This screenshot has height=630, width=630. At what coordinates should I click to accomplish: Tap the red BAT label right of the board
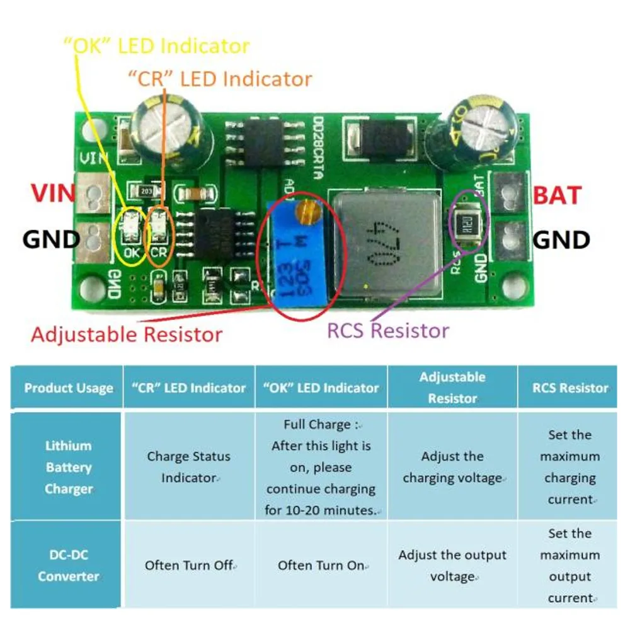click(x=557, y=195)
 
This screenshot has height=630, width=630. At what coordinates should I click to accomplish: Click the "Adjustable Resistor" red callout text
click(x=126, y=334)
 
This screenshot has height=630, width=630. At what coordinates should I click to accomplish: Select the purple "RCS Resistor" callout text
click(x=387, y=330)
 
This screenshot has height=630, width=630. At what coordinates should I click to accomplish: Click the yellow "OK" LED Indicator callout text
click(x=156, y=46)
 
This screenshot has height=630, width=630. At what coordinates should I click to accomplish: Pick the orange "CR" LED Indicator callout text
click(x=219, y=79)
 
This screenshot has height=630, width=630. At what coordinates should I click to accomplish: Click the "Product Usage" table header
click(x=68, y=388)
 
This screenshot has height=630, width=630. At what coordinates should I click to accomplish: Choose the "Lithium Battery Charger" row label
click(x=68, y=467)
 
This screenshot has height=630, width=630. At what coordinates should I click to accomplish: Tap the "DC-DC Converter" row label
click(x=68, y=565)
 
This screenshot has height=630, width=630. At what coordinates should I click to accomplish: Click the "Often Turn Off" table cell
click(x=189, y=565)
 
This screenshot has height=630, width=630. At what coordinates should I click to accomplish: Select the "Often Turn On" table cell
click(x=321, y=565)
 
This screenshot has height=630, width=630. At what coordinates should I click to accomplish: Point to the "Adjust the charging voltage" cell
click(x=452, y=467)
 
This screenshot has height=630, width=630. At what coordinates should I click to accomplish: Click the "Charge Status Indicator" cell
click(x=188, y=467)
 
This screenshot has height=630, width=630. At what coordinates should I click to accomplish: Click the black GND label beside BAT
click(x=561, y=239)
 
